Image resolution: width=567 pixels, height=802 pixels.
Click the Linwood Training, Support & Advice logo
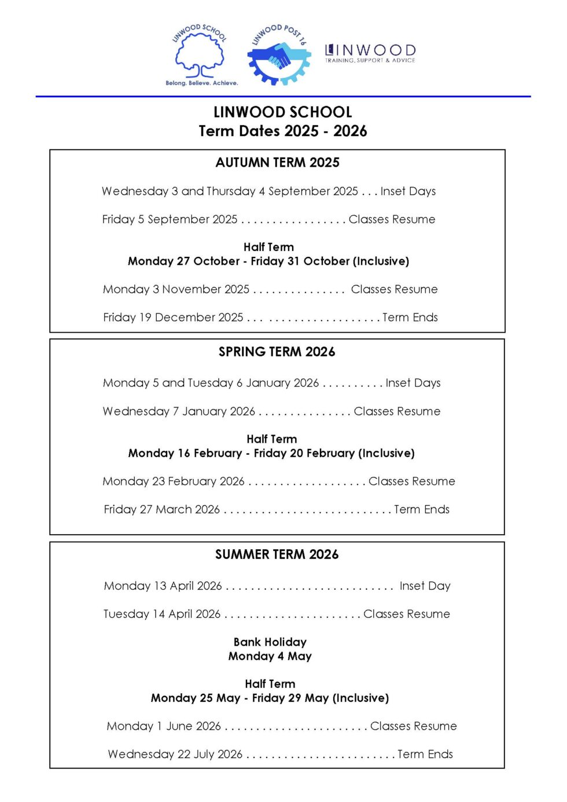370,53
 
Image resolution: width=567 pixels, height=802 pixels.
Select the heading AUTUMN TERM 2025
277,163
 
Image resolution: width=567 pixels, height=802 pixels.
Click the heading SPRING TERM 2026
277,352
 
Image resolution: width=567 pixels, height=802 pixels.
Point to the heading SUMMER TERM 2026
277,554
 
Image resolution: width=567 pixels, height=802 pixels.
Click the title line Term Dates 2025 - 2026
282,131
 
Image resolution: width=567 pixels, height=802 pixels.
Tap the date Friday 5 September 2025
170,219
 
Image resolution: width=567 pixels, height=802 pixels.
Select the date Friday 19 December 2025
173,317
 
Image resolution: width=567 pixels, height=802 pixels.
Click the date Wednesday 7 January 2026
179,411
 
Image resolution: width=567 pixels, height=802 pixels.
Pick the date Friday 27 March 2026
162,509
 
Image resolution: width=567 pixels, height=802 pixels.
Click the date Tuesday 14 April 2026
162,614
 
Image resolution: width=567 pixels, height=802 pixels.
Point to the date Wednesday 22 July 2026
175,754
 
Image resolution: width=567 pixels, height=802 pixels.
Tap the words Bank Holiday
270,642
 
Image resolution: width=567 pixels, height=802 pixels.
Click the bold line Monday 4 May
270,656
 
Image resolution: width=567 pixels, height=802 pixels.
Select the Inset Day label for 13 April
425,586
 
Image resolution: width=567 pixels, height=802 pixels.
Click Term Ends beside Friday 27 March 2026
422,509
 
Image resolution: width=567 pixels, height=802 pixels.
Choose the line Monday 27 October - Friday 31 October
268,261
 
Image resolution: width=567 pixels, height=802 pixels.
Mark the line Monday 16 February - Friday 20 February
271,453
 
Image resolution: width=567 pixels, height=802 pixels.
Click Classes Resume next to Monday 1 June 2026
413,726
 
